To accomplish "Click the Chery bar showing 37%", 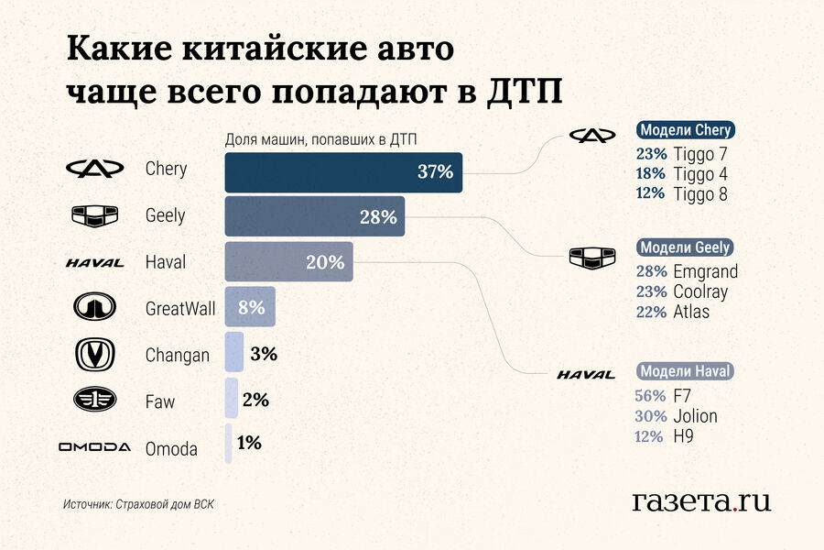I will [x=343, y=171].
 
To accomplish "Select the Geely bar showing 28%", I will [x=315, y=217].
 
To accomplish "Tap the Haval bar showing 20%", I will [x=289, y=262].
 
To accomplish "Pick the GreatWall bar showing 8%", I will [x=250, y=307].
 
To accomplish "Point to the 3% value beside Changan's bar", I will [x=264, y=354].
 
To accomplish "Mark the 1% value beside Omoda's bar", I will [x=249, y=443].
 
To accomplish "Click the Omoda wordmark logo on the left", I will [x=94, y=447].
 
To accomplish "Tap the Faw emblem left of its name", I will [x=94, y=401].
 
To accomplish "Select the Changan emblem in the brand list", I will [x=94, y=354].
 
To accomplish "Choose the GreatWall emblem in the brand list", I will [x=94, y=308].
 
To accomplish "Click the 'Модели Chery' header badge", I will [x=685, y=130].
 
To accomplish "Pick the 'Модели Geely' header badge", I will [x=685, y=247].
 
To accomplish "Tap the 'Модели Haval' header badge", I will [x=685, y=371].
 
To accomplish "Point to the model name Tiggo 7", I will [x=700, y=153].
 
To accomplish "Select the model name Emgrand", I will [x=705, y=271].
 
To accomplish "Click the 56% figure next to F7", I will [x=649, y=396].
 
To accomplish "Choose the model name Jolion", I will [x=695, y=416].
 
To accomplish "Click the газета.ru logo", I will [x=700, y=500].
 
